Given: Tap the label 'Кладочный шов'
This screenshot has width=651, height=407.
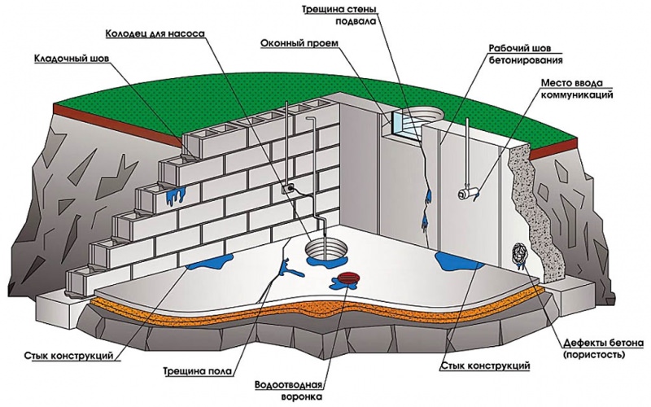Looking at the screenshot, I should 71,59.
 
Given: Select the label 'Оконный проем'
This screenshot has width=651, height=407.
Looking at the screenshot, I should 295,43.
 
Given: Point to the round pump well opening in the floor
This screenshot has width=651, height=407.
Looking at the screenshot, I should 323,247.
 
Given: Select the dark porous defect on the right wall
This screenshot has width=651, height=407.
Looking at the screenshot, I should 518,254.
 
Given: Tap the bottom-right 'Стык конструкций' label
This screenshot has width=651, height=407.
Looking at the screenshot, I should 483,367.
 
